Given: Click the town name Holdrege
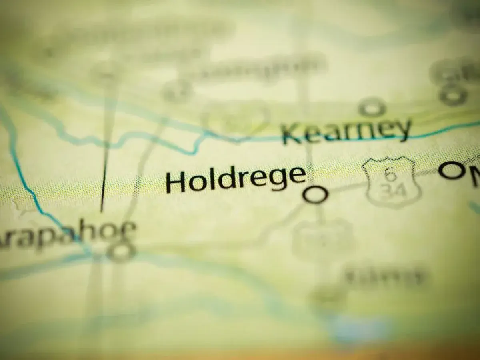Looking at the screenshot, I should point(236,180).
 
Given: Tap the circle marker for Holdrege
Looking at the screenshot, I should point(315,195).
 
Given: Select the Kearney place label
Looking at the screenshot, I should point(346,131).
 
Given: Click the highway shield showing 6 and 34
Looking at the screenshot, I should point(392,182).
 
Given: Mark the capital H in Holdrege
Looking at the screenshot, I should point(176,182).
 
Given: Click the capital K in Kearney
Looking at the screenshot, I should point(292,134).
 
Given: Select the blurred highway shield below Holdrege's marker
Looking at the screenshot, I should point(322,240).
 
